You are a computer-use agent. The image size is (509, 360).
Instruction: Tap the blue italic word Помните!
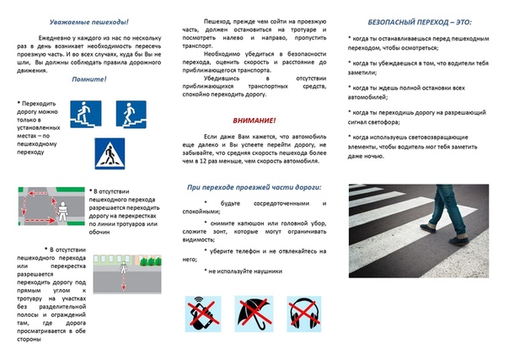click(x=88, y=79)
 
